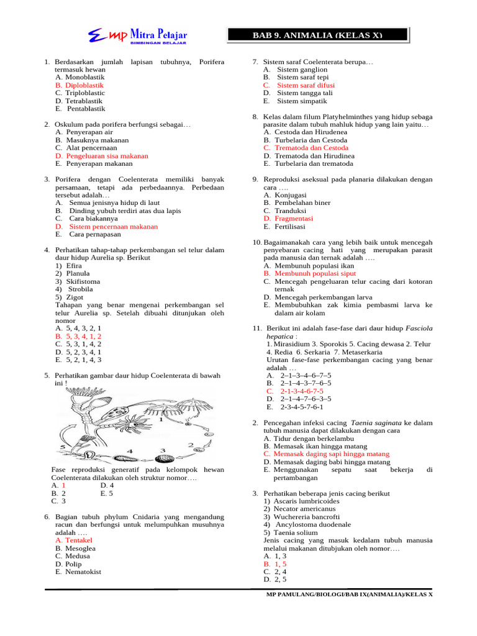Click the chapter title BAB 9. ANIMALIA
pos(317,35)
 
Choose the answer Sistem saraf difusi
pos(306,85)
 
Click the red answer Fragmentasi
pos(294,219)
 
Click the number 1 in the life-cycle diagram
pos(161,419)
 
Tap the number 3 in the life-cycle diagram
pos(163,450)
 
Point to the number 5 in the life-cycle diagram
pos(62,447)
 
